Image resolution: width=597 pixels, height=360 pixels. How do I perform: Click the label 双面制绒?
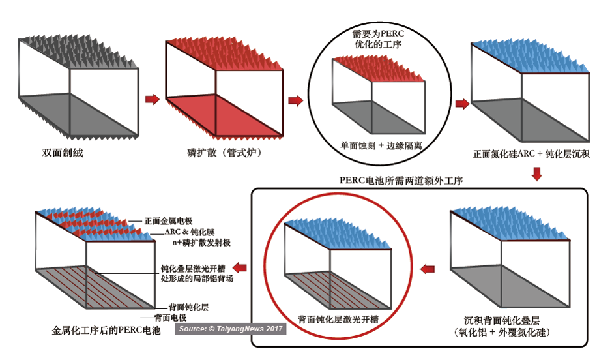click(63, 153)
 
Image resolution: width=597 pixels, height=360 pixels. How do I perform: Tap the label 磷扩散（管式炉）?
click(225, 153)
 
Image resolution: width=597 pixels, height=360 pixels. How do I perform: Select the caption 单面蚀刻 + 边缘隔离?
click(381, 145)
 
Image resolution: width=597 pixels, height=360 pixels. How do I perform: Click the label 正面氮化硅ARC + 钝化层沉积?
click(531, 154)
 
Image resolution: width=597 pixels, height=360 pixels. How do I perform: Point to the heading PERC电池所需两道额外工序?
click(401, 180)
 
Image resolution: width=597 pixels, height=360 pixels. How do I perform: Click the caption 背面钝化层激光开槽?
click(338, 319)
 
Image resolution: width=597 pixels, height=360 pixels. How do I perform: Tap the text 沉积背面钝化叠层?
click(502, 320)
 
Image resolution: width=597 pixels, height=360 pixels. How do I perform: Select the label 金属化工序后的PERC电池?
click(106, 330)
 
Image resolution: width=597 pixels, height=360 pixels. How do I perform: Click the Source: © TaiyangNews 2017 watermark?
click(231, 329)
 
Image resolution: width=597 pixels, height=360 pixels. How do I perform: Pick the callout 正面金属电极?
click(168, 221)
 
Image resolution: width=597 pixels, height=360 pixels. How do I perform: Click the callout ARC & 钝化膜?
click(190, 232)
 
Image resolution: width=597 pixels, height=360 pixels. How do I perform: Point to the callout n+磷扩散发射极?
click(201, 243)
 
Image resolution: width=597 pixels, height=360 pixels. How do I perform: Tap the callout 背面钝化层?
click(189, 307)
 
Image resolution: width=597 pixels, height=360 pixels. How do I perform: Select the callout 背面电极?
click(170, 318)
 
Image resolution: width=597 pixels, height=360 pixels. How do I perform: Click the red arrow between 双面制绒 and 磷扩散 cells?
click(153, 99)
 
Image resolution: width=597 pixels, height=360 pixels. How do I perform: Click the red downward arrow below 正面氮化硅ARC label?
click(537, 173)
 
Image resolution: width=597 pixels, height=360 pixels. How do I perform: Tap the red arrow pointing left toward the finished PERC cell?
click(239, 267)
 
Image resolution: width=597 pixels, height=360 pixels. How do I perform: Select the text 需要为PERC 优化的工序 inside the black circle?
click(378, 39)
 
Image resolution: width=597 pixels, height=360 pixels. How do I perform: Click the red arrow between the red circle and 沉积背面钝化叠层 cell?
click(428, 269)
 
